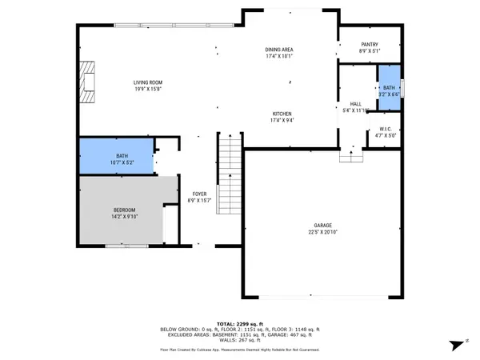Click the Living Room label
click(148, 82)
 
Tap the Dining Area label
click(280, 50)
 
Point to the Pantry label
click(369, 45)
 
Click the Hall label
click(356, 104)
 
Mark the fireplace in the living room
click(87, 82)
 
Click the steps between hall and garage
click(350, 156)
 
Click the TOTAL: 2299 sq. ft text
click(241, 323)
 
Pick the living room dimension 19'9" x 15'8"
click(148, 88)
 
